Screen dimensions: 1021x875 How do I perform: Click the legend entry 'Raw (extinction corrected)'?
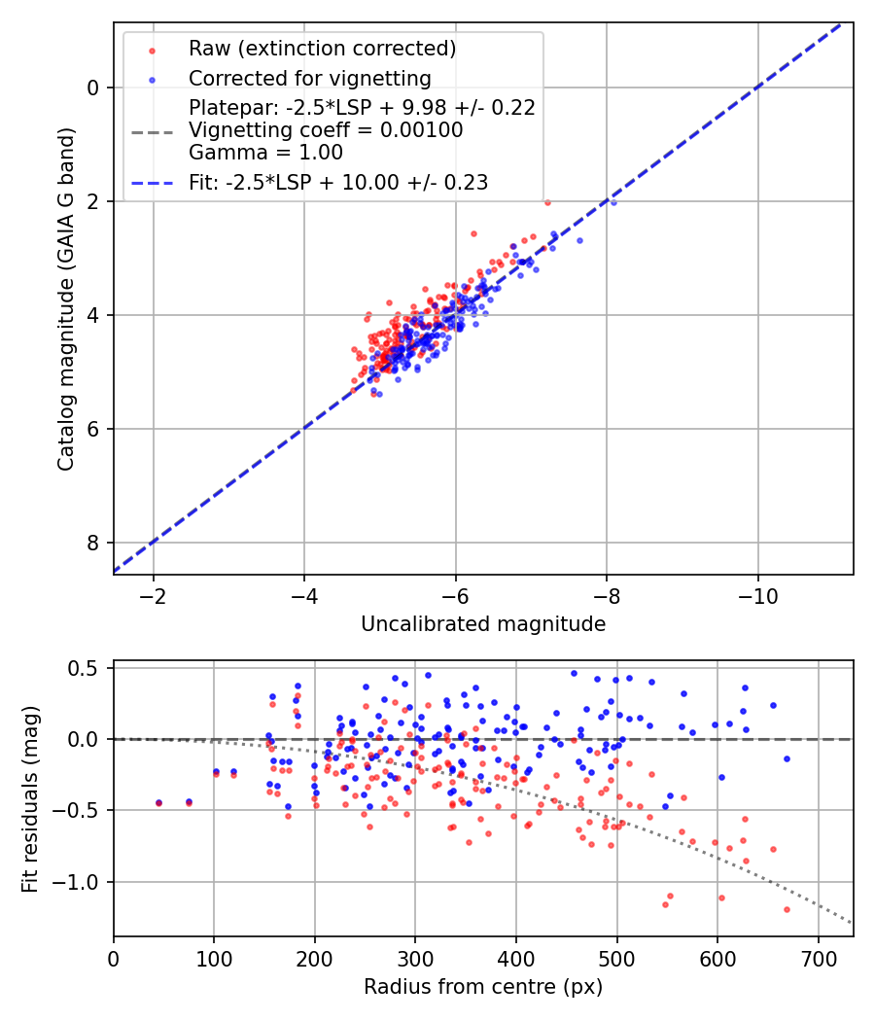tap(322, 49)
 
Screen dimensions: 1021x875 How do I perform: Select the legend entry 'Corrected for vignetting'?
tap(309, 78)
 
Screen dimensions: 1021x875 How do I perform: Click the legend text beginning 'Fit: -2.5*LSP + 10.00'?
tap(337, 182)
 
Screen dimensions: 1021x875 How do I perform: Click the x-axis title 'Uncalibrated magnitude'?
tap(483, 624)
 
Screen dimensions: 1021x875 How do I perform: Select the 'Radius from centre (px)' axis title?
tap(483, 987)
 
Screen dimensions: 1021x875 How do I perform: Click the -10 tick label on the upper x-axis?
tap(758, 595)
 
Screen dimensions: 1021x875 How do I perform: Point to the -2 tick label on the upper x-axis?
tap(154, 595)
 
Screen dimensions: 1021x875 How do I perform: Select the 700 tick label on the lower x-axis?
tap(818, 957)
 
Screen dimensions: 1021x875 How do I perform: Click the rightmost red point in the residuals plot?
tap(787, 909)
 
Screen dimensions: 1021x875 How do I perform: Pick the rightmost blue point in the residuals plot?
tap(787, 758)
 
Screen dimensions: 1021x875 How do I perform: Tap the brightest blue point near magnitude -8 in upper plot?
tap(612, 201)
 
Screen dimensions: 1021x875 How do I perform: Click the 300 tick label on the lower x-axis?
tap(415, 957)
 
